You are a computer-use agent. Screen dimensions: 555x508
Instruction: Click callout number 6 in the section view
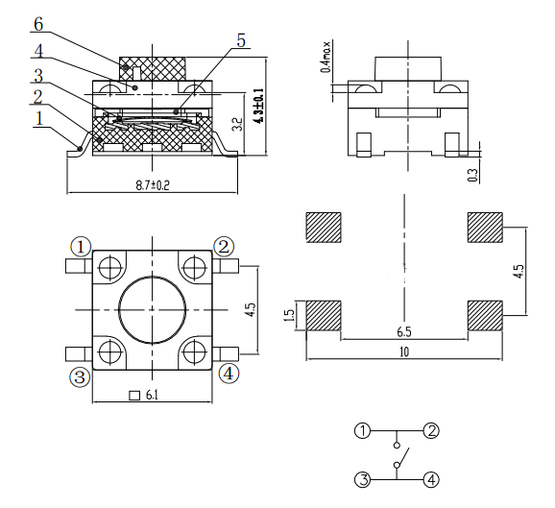pos(38,24)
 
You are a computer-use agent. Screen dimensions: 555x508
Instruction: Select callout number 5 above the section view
pos(241,40)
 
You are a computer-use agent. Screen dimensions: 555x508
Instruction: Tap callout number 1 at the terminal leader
pos(39,118)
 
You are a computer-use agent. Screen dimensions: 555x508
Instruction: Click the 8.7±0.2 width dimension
pos(153,185)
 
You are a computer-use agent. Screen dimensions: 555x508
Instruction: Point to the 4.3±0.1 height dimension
pos(259,106)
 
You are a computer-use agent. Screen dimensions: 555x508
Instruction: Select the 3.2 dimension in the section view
pos(238,124)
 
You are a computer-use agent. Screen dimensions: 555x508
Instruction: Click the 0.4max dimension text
pos(326,57)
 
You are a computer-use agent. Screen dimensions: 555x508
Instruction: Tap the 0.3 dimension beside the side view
pos(473,175)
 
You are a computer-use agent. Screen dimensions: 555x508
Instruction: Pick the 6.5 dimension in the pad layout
pos(404,332)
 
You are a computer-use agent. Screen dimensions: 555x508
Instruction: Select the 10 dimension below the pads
pos(404,351)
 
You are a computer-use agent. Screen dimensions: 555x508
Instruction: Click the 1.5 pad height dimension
pos(289,315)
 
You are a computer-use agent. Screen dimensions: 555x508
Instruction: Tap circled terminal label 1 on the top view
pos(81,247)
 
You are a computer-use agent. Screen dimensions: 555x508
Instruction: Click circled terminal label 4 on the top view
pos(229,374)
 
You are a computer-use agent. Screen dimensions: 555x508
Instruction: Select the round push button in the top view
pos(153,310)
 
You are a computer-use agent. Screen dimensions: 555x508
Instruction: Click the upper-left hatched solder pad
pos(324,228)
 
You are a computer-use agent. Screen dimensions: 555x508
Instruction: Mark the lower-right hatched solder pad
pos(485,316)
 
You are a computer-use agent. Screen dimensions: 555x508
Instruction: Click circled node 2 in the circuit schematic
pos(431,431)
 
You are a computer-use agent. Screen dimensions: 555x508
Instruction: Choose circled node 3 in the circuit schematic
pos(362,480)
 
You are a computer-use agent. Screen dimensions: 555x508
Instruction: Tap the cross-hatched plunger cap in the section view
pos(153,69)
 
